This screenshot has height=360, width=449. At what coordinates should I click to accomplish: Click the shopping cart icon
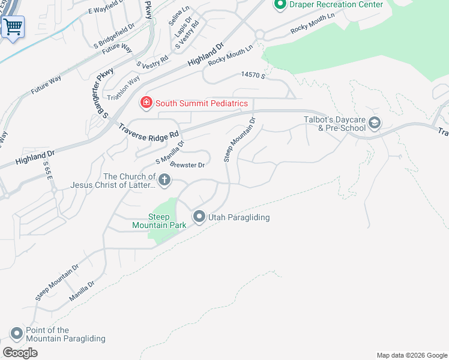click(x=13, y=26)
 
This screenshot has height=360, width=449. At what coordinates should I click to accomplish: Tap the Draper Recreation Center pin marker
click(x=279, y=5)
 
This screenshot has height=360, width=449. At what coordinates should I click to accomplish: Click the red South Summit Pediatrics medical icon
click(x=145, y=103)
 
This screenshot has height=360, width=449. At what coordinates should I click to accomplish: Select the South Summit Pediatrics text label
click(x=202, y=103)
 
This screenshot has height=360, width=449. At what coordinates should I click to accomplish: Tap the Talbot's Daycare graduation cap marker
click(x=374, y=123)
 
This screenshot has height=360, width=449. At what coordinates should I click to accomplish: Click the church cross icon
click(x=164, y=179)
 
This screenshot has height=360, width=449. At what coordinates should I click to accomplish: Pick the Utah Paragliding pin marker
click(x=199, y=217)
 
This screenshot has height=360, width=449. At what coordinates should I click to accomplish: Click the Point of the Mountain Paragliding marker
click(x=16, y=333)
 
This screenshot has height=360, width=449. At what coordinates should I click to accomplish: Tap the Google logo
click(x=20, y=353)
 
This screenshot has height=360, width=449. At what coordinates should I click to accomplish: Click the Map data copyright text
click(x=412, y=355)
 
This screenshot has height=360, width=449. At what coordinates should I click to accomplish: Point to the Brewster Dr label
click(x=188, y=164)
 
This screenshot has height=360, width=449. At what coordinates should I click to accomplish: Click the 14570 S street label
click(x=253, y=75)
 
